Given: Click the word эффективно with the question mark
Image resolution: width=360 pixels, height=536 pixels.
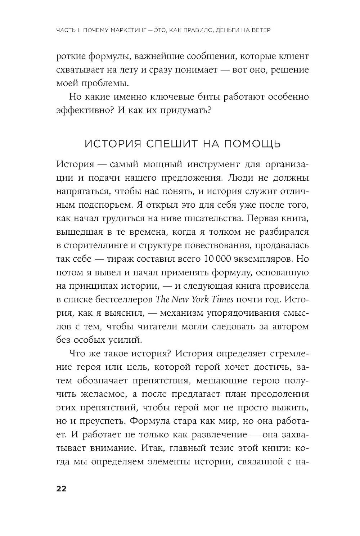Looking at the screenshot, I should click(x=85, y=110).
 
